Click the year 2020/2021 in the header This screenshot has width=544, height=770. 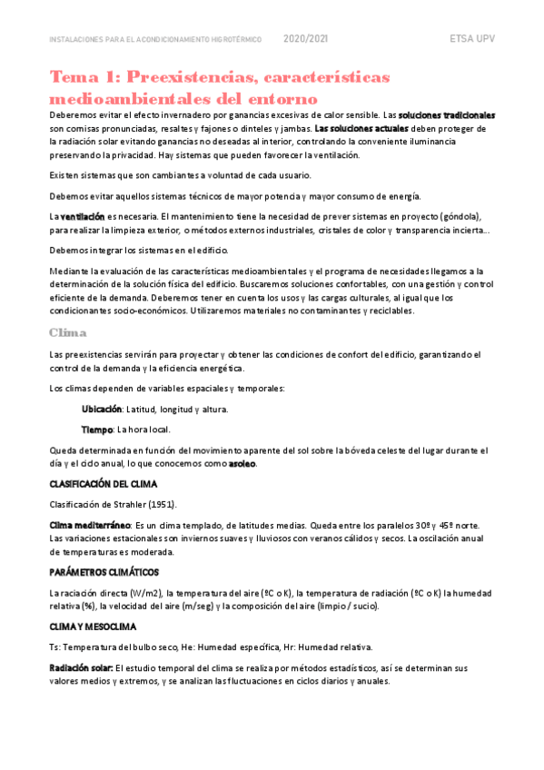306,40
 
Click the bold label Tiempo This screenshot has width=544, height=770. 96,429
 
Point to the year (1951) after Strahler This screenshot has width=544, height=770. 158,505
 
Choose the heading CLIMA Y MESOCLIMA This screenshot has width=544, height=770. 92,627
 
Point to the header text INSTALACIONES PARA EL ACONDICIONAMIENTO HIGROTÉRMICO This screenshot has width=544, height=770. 155,40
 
